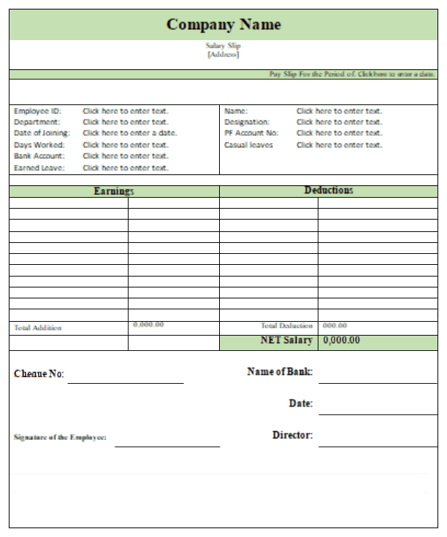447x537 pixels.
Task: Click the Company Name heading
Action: tap(223, 24)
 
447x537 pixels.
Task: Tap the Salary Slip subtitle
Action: tap(223, 46)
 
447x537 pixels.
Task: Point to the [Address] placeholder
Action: tap(223, 54)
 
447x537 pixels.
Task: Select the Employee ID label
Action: tap(37, 111)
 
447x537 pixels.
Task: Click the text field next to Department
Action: tap(126, 122)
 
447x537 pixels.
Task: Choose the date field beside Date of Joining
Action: tap(130, 133)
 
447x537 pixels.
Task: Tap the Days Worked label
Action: tap(39, 144)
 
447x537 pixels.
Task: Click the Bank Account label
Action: tap(39, 155)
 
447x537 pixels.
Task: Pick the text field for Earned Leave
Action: tap(126, 168)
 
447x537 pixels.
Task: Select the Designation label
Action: tap(247, 122)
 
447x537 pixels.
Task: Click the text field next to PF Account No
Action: tap(339, 133)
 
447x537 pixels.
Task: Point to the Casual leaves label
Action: tap(248, 144)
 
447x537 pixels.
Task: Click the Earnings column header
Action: tap(114, 191)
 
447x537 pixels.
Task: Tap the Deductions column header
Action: tap(329, 190)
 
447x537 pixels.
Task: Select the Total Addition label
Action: tap(38, 328)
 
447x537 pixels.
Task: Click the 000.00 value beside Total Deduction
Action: tap(335, 325)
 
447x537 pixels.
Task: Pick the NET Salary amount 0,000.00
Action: tap(341, 341)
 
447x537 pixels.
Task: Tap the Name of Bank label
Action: tap(280, 372)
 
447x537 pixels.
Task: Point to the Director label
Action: tap(292, 435)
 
